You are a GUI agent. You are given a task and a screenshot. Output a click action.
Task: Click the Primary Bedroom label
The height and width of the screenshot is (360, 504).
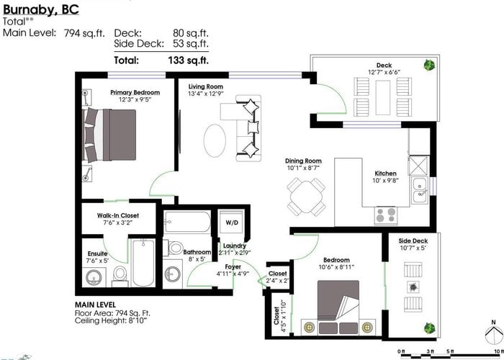pos(135,93)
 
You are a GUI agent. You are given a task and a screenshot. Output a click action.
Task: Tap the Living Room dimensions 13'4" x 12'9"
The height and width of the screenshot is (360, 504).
pos(206,94)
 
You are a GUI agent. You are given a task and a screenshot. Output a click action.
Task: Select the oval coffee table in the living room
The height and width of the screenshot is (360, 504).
pos(215,141)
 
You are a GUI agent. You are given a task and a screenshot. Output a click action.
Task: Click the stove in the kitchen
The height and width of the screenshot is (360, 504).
pos(386,215)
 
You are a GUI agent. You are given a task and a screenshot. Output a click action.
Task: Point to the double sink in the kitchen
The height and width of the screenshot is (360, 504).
pos(420,190)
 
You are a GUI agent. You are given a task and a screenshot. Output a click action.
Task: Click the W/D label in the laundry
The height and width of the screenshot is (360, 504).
pos(232,222)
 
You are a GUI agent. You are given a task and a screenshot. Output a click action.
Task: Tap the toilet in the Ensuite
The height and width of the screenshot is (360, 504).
pos(120,276)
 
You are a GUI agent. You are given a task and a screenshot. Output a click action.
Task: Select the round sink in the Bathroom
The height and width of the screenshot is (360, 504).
pos(173,274)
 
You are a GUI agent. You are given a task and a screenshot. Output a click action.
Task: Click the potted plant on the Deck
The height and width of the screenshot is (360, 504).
pos(429,66)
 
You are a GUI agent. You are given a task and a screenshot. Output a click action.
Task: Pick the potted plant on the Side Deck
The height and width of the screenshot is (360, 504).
pos(429,328)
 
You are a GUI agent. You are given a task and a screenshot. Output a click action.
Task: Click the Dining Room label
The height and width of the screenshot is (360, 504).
pos(303,161)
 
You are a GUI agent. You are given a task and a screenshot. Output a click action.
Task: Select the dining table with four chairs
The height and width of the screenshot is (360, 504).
pos(306,196)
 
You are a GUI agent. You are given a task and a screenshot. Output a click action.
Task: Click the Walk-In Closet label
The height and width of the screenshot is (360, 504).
pos(118,215)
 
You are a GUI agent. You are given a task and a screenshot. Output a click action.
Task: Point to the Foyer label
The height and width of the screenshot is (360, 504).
pos(233,267)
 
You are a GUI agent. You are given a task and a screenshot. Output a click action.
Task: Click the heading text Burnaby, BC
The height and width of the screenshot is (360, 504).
pos(41,9)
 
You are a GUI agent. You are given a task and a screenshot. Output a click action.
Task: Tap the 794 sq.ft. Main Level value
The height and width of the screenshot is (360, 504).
pos(84,33)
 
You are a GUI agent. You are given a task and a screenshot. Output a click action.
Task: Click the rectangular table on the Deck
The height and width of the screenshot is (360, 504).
pos(383,97)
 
